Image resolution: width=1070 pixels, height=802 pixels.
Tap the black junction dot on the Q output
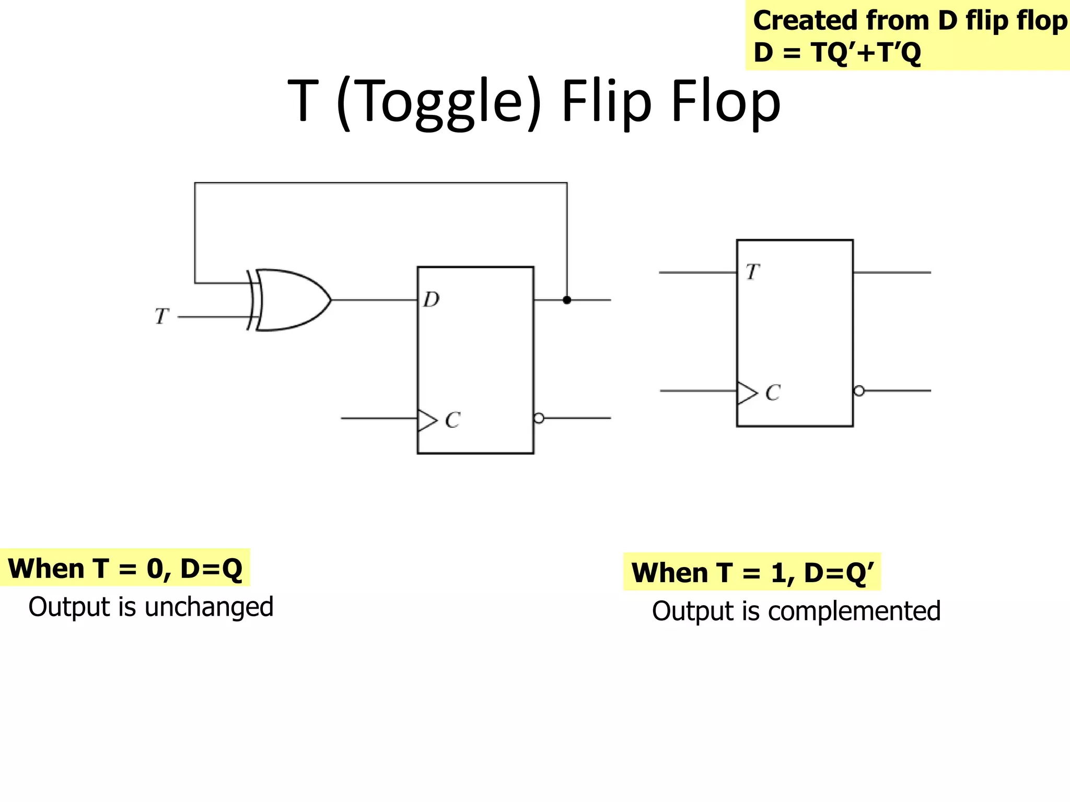click(x=567, y=300)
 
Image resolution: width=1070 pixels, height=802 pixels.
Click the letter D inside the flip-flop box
click(x=432, y=300)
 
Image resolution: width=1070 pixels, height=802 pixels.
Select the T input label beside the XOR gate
click(x=161, y=316)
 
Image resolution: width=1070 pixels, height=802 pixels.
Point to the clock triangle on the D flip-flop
click(x=426, y=420)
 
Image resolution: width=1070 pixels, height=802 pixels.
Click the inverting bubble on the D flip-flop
click(x=539, y=418)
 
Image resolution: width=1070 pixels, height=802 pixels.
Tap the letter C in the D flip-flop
click(x=452, y=420)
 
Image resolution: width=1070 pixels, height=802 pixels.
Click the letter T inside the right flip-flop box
click(x=752, y=272)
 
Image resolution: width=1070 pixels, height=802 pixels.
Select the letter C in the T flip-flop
click(x=773, y=393)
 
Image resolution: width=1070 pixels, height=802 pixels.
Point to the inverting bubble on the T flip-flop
click(x=859, y=391)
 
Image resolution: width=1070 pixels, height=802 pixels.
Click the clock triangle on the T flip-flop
click(x=746, y=393)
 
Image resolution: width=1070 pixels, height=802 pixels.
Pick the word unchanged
click(x=208, y=607)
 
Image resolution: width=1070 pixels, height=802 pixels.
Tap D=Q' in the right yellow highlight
click(x=838, y=573)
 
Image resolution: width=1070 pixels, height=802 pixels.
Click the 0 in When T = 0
click(x=155, y=569)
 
